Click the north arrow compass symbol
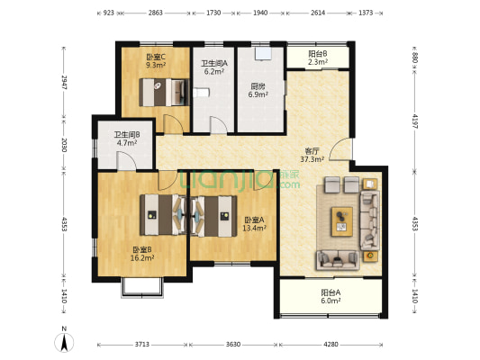[64, 342]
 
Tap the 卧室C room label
[156, 58]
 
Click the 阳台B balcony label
[318, 54]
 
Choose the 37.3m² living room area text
[312, 159]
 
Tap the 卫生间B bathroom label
[127, 135]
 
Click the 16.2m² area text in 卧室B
[142, 257]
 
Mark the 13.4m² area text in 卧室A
[254, 228]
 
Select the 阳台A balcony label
[331, 292]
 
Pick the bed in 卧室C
[164, 93]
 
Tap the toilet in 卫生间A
[201, 93]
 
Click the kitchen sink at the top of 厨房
[263, 53]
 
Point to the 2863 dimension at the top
[156, 13]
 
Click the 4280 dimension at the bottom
[331, 345]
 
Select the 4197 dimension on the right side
[415, 121]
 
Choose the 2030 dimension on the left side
[64, 145]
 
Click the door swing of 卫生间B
[126, 161]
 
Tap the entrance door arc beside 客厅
[340, 149]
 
